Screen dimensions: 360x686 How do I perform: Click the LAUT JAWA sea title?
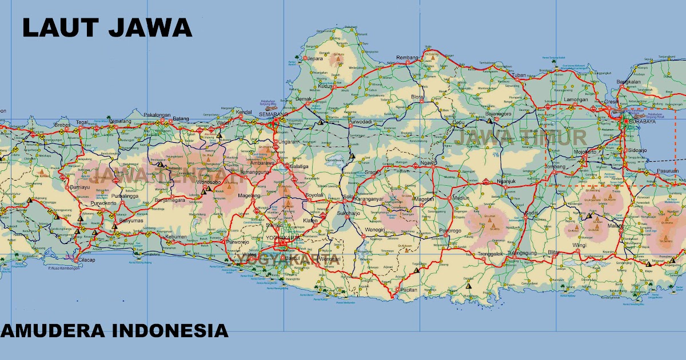pyautogui.click(x=107, y=27)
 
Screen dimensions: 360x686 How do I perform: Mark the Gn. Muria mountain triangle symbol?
pyautogui.click(x=338, y=58)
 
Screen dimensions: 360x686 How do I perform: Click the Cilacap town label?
pyautogui.click(x=87, y=259)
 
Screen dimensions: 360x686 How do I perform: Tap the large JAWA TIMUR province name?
pyautogui.click(x=519, y=138)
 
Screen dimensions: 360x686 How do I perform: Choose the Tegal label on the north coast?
pyautogui.click(x=83, y=122)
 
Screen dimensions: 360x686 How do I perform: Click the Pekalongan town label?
pyautogui.click(x=157, y=115)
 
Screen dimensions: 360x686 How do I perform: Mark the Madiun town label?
pyautogui.click(x=461, y=198)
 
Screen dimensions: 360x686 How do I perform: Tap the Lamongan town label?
pyautogui.click(x=576, y=99)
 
